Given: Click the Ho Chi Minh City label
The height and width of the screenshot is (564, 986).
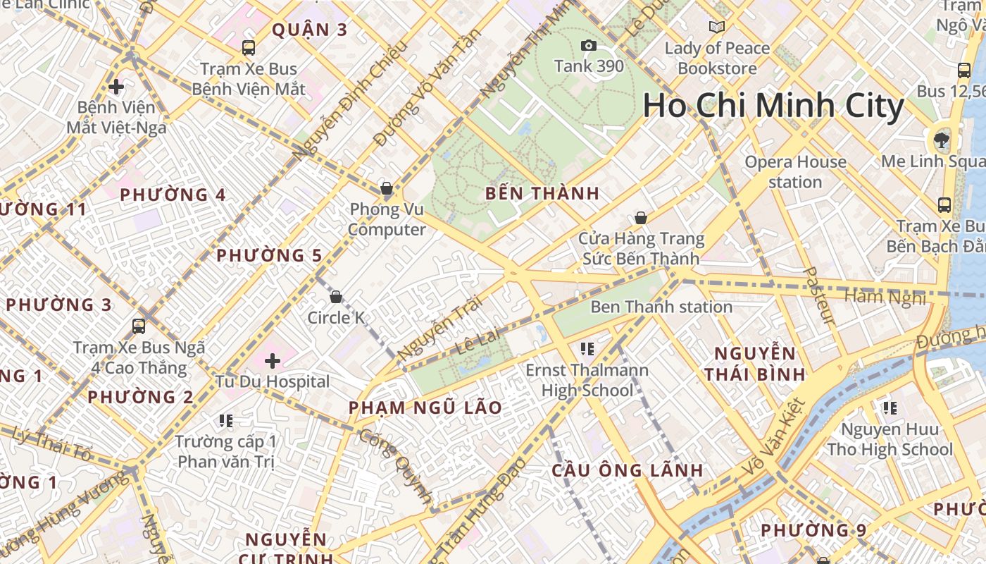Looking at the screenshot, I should [773, 106].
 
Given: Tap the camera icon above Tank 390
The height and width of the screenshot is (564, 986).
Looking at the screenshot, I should [588, 46].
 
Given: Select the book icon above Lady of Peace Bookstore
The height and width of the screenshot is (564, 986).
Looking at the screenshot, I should [716, 27].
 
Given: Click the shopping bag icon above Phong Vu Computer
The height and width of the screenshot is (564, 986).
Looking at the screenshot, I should [386, 188].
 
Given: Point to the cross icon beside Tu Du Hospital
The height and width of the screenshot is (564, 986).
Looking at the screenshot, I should [273, 361].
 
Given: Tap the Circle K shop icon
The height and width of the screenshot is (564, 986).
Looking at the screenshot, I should [336, 297].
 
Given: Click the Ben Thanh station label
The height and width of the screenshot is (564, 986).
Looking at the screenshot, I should [661, 307].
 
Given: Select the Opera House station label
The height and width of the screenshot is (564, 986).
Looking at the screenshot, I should [795, 172].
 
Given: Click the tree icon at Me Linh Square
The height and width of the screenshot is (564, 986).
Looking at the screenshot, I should [941, 140].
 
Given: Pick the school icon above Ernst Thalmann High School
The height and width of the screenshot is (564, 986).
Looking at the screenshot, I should [587, 348].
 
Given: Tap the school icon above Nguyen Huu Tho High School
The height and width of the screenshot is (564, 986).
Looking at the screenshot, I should [890, 407].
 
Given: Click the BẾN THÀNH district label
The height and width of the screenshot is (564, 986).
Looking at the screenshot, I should [542, 193].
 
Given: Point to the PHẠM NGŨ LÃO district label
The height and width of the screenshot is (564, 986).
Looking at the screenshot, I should [425, 407].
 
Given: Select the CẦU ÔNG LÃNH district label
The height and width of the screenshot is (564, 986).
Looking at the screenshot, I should [627, 470].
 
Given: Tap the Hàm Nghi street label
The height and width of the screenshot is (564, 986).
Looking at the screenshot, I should [885, 296].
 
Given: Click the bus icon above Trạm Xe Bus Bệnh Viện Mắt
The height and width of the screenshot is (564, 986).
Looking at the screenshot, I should [248, 48].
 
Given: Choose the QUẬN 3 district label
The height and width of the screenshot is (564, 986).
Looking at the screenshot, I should [310, 30].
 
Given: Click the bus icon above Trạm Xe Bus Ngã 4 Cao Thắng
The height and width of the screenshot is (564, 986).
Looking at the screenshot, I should [139, 326].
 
